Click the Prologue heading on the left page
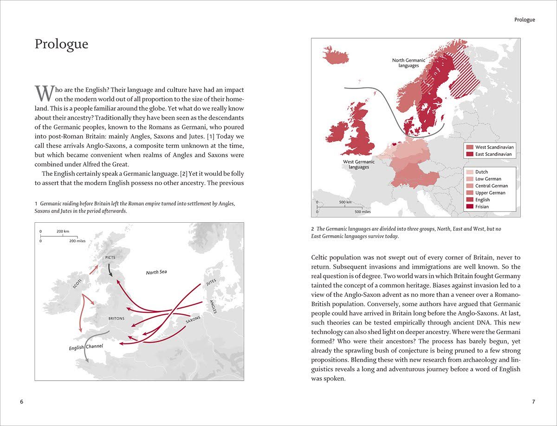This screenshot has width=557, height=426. [61, 44]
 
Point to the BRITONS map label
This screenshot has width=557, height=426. [117, 318]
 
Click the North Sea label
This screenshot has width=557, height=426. [156, 272]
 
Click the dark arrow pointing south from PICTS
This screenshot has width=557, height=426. [110, 270]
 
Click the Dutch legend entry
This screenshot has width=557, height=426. [481, 172]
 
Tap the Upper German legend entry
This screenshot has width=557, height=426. [490, 193]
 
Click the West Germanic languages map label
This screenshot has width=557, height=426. [359, 164]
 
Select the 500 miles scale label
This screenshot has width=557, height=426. [362, 212]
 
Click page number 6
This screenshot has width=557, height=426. [21, 401]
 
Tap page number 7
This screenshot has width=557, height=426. [533, 401]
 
